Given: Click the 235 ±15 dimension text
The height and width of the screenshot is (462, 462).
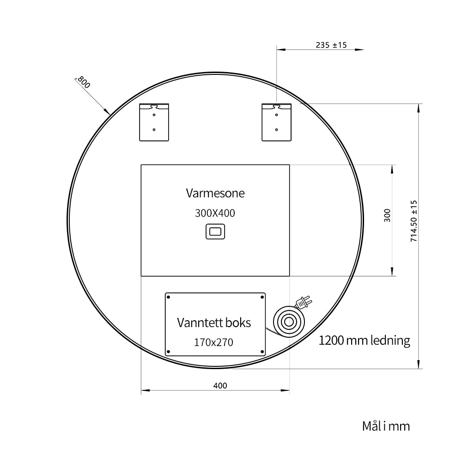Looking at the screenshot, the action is tap(331, 45).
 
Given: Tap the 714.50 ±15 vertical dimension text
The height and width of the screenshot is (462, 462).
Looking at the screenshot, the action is tap(414, 221).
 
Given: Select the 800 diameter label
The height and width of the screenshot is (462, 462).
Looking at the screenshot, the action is tap(84, 82).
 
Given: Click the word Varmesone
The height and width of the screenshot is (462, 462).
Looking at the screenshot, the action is tap(215, 193).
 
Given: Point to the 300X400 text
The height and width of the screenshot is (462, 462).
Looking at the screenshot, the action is tap(215, 213).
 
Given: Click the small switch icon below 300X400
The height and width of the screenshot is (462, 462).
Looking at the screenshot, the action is tap(215, 231).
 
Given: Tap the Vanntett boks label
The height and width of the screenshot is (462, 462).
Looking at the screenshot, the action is tap(214, 322).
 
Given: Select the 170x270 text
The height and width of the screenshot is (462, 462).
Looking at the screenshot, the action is tap(213, 342).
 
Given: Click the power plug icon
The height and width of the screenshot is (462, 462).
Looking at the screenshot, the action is tap(304, 302).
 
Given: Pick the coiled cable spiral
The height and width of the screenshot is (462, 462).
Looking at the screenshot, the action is tap(289, 322).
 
